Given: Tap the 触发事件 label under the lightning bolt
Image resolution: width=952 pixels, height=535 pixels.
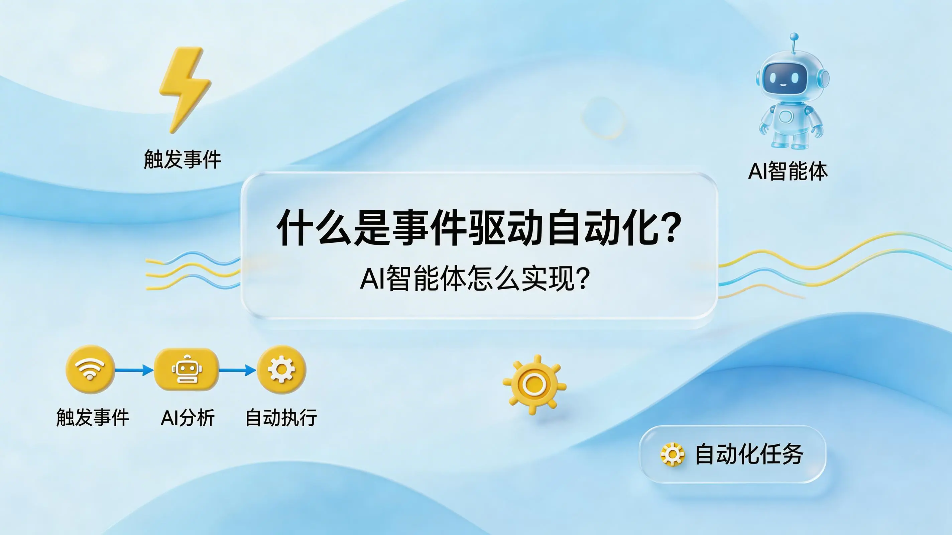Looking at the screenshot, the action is click(183, 159).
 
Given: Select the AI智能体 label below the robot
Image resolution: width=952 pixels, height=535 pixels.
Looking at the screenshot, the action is click(788, 171).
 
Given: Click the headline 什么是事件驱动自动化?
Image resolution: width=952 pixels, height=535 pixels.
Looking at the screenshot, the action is click(479, 227).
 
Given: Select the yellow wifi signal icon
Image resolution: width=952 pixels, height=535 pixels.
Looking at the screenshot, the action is click(90, 369).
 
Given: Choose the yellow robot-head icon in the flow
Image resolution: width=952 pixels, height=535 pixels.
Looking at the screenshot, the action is click(187, 369).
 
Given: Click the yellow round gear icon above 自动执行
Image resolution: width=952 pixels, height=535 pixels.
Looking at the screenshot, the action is click(281, 369).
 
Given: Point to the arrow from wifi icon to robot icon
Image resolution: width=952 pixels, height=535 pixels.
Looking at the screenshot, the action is click(134, 369).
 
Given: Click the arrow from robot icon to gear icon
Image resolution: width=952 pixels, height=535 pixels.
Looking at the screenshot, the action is click(238, 369).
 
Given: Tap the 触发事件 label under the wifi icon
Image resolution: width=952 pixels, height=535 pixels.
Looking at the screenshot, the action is click(93, 418).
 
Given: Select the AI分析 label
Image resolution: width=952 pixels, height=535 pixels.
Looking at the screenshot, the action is click(188, 418).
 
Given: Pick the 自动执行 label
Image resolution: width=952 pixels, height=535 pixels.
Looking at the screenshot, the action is click(281, 418).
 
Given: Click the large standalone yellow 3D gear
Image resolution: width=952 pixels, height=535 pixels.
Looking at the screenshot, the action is click(534, 385).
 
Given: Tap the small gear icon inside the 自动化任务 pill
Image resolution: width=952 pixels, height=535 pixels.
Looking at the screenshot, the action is click(672, 454).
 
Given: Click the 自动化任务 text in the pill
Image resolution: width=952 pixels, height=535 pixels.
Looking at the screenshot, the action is click(749, 454).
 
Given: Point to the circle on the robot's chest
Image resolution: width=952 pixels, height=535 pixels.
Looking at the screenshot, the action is click(787, 116).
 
